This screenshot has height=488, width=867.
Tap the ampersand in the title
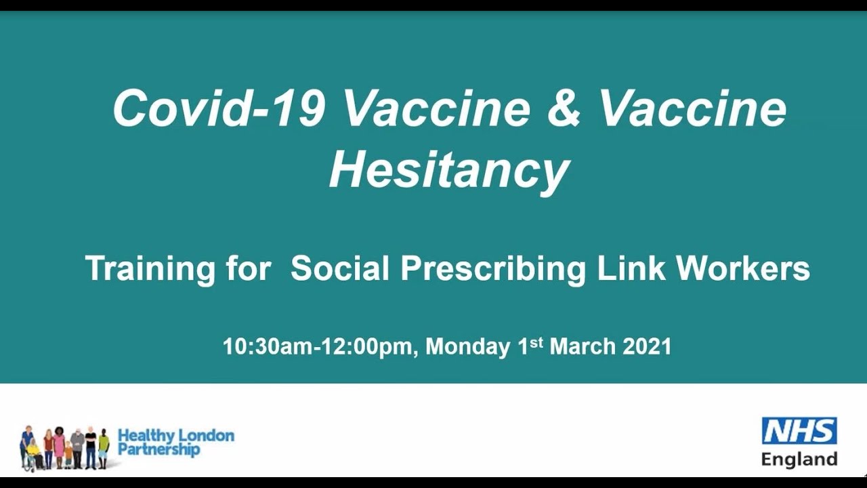pyautogui.click(x=564, y=108)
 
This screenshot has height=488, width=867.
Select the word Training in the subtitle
pyautogui.click(x=140, y=268)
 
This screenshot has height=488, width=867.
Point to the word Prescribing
pyautogui.click(x=492, y=268)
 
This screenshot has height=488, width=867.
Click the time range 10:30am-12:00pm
pyautogui.click(x=317, y=347)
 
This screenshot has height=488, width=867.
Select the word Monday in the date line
pyautogui.click(x=467, y=347)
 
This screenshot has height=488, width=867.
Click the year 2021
pyautogui.click(x=647, y=347)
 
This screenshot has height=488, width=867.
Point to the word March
pyautogui.click(x=582, y=347)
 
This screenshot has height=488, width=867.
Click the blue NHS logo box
pyautogui.click(x=799, y=430)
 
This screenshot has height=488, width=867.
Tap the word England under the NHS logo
pyautogui.click(x=799, y=459)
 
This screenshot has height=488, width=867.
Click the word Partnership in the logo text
pyautogui.click(x=158, y=450)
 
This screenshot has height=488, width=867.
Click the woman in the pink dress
pyautogui.click(x=59, y=447)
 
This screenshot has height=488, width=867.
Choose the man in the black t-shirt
pyautogui.click(x=91, y=447)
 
